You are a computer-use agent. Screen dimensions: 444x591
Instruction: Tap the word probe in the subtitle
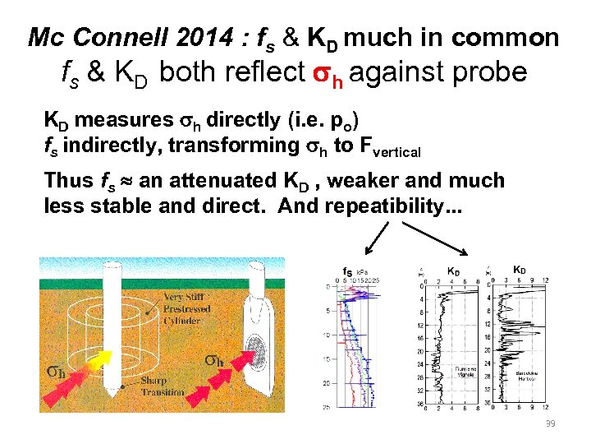[486, 72]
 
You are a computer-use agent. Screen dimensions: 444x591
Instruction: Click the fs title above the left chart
[346, 271]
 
